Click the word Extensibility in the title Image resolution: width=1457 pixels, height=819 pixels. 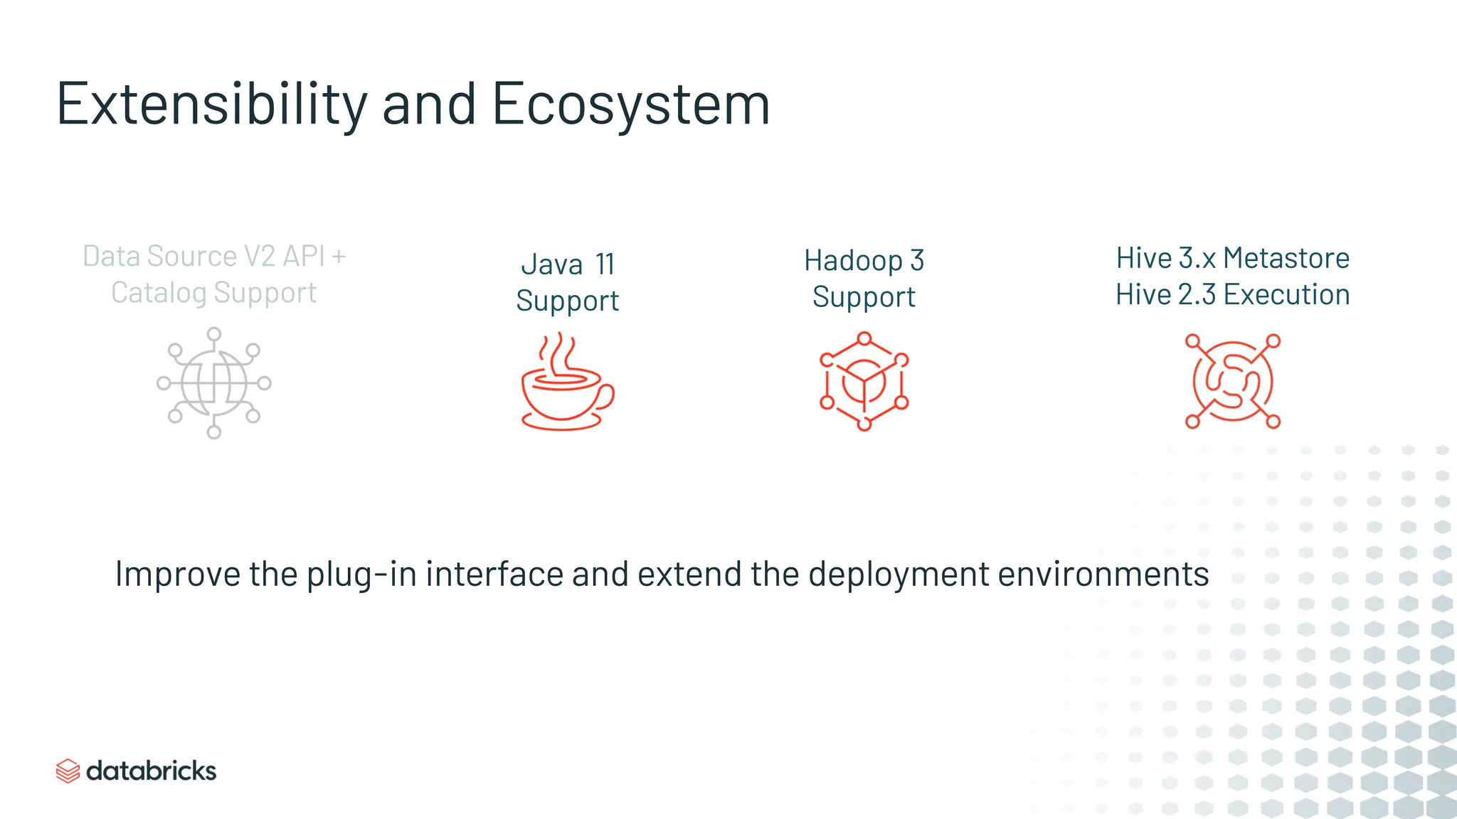point(211,105)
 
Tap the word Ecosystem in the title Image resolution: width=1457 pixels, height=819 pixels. point(630,105)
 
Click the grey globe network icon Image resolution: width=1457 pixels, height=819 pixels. point(214,382)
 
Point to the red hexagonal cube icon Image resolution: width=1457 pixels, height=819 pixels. point(864,381)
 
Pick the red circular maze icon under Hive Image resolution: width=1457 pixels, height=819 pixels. point(1232,381)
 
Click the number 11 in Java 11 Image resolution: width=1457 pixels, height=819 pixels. point(605,264)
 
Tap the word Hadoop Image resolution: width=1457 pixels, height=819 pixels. point(853,261)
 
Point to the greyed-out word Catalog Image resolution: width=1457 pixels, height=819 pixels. point(158,293)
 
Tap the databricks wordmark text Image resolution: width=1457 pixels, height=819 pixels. point(151,771)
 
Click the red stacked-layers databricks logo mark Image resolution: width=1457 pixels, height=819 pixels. point(68,771)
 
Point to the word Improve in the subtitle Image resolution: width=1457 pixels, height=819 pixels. point(178,574)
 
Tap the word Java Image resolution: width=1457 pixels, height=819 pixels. point(551,264)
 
